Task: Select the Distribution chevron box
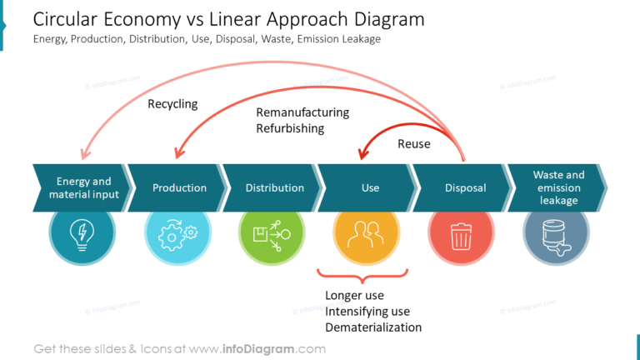coord(274,188)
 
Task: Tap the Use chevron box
coord(370,188)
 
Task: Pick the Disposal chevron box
coord(465,188)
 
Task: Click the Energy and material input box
coord(83,188)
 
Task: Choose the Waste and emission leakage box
coord(558,188)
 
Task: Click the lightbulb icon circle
coord(82,234)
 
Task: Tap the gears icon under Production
coord(177,234)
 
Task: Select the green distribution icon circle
coord(272,234)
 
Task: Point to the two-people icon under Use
coord(367,234)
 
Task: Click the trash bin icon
coord(461,234)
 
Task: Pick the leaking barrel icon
coord(556,234)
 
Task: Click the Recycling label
coord(172,104)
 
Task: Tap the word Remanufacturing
coord(302,112)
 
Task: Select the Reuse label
coord(413,144)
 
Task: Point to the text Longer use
coord(354,296)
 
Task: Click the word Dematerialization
coord(373,327)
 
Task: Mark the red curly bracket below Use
coord(363,273)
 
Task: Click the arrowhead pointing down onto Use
coord(362,154)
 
